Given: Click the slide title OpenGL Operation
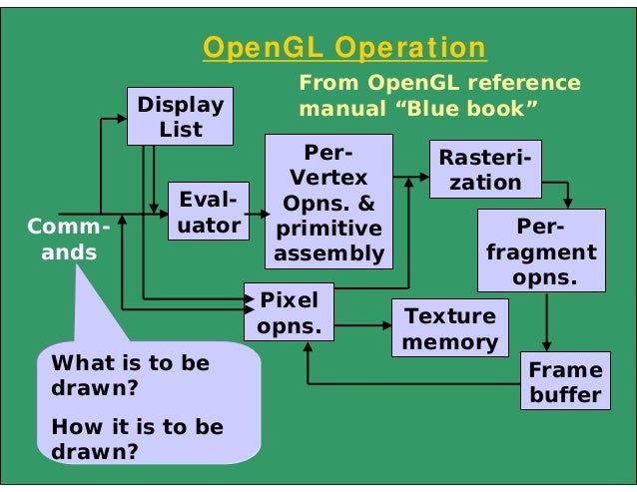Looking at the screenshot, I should [344, 48].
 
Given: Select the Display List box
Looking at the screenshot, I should [181, 117].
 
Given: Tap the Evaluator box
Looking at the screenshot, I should [208, 213].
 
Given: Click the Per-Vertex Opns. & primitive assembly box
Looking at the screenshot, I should [327, 203].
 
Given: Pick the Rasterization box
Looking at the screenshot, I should [484, 170].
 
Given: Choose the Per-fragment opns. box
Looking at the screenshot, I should [541, 251].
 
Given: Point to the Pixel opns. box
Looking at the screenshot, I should [289, 313].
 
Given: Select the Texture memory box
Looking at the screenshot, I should [449, 329].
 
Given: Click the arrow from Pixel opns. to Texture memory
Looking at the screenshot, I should [360, 325].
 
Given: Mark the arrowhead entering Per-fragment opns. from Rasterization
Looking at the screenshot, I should [567, 202].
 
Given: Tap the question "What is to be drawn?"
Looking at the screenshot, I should [130, 374].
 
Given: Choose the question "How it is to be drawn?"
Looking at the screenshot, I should [137, 438].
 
